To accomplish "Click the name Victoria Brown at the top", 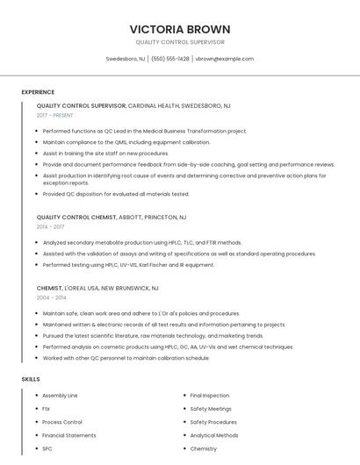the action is click(180, 29).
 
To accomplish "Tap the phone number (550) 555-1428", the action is click(170, 59).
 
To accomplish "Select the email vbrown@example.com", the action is click(224, 59).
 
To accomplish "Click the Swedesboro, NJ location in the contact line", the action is click(126, 59).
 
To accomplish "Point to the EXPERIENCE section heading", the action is click(38, 91).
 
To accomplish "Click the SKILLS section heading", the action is click(31, 379).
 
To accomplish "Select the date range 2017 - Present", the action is click(56, 115).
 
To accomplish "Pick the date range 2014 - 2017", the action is click(50, 226).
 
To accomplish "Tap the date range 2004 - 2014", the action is click(50, 297).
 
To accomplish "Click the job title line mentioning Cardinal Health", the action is click(133, 105).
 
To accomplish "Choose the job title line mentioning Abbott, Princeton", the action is click(112, 217).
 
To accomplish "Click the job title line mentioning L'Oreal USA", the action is click(97, 288).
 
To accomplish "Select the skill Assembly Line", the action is click(60, 396).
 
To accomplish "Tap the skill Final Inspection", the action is click(210, 396).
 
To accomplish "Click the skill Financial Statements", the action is click(69, 435).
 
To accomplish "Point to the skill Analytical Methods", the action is click(214, 435).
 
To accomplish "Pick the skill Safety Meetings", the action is click(211, 409).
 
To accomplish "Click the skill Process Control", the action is click(62, 422).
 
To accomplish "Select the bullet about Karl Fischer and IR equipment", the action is click(128, 264).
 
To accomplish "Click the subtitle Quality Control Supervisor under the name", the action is click(180, 42).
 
